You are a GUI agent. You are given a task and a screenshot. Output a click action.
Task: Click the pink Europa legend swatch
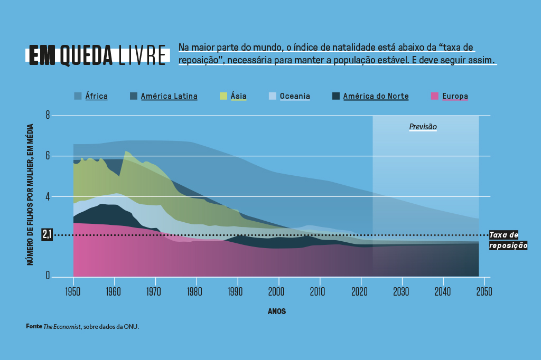point(435,96)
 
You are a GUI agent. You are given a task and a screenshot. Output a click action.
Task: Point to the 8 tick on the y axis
point(48,115)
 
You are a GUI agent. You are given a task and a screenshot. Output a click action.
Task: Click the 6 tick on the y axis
point(48,156)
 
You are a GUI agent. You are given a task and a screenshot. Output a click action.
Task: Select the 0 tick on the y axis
point(48,276)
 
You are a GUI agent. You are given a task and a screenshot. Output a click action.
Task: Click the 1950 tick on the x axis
point(73,291)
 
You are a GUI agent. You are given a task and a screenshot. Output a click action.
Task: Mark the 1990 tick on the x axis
point(237,291)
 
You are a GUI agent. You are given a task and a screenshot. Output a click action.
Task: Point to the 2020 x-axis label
point(361,291)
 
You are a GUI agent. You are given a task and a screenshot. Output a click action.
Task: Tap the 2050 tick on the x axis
point(483,291)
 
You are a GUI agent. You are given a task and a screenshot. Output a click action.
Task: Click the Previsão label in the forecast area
point(423,127)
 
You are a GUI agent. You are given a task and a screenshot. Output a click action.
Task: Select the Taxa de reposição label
point(508,240)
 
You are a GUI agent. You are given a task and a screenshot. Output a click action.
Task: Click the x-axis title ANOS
point(277,311)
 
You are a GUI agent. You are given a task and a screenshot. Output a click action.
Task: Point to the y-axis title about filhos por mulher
point(31,194)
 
